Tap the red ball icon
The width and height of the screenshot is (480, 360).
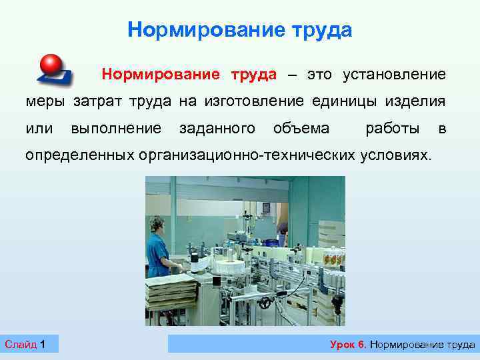click(51, 65)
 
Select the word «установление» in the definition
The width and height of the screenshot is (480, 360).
click(394, 74)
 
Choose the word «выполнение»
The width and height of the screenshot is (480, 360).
click(116, 128)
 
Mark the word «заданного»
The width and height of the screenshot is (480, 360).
click(217, 128)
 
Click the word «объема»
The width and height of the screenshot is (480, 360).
click(301, 128)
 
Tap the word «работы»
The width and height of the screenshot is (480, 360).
click(393, 128)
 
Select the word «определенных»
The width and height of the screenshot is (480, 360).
click(80, 155)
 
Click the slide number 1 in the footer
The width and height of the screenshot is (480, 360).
click(43, 344)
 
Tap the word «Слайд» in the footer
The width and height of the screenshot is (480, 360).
click(21, 344)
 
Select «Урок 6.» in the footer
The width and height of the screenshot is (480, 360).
click(348, 344)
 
